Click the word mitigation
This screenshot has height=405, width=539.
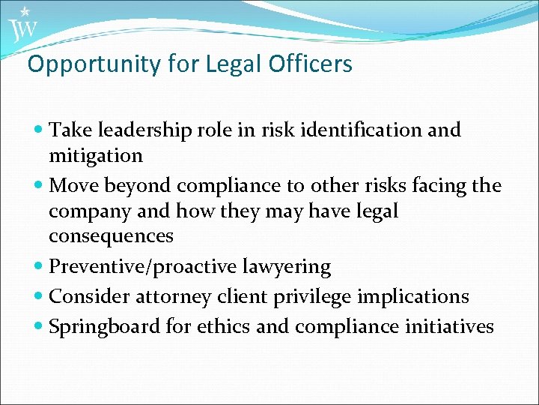95,156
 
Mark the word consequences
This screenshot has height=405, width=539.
111,236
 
